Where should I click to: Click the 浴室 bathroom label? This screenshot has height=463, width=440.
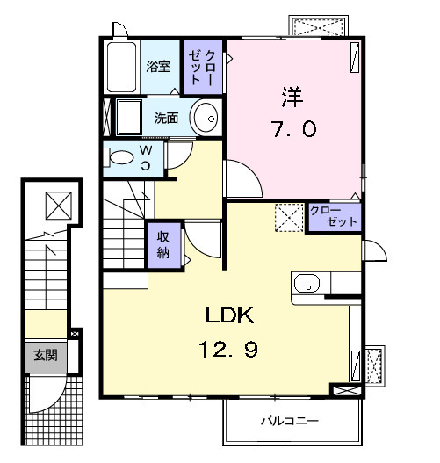tap(157, 66)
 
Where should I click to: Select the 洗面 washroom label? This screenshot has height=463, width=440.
tap(167, 118)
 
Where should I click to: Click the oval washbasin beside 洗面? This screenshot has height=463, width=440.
tap(206, 118)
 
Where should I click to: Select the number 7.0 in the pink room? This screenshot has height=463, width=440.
tap(292, 128)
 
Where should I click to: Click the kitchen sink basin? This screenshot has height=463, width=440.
tap(307, 284)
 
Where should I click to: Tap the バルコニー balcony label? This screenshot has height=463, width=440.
tap(289, 421)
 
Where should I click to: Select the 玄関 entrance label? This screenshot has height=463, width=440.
tap(46, 356)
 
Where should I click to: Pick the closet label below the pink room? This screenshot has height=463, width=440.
tap(335, 217)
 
